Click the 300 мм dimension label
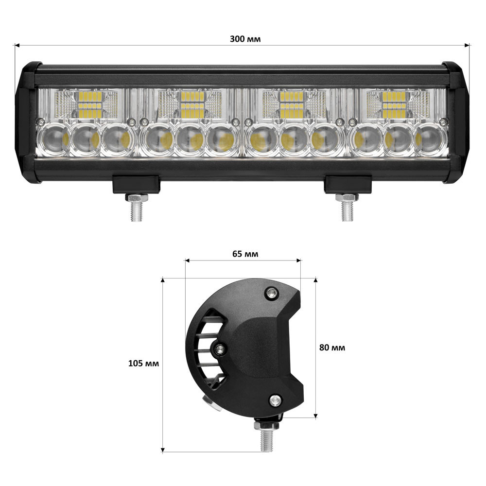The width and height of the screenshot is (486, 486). pyautogui.click(x=245, y=39)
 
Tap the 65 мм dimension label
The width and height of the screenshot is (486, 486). pyautogui.click(x=245, y=254)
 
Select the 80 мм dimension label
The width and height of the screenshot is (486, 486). pyautogui.click(x=332, y=347)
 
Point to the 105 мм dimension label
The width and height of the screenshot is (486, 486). pyautogui.click(x=143, y=363)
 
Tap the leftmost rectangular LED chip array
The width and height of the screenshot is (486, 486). pyautogui.click(x=90, y=104)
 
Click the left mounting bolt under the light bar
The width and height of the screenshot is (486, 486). pyautogui.click(x=137, y=206)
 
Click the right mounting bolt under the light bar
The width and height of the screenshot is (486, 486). pyautogui.click(x=347, y=206)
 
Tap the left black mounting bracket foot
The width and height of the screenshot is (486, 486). pyautogui.click(x=137, y=184)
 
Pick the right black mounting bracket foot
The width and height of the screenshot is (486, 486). pyautogui.click(x=347, y=184)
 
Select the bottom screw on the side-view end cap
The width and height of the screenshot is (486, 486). pyautogui.click(x=276, y=400)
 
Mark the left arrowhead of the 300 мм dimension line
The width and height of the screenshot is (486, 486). pyautogui.click(x=16, y=45)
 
